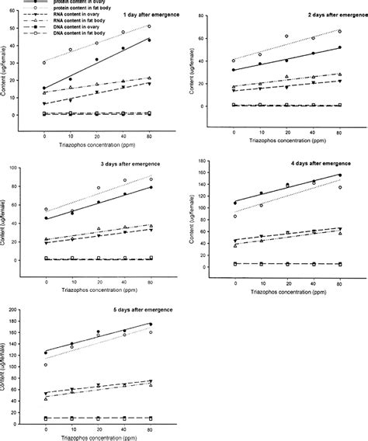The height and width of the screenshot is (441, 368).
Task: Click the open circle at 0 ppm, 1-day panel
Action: click(45, 63)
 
